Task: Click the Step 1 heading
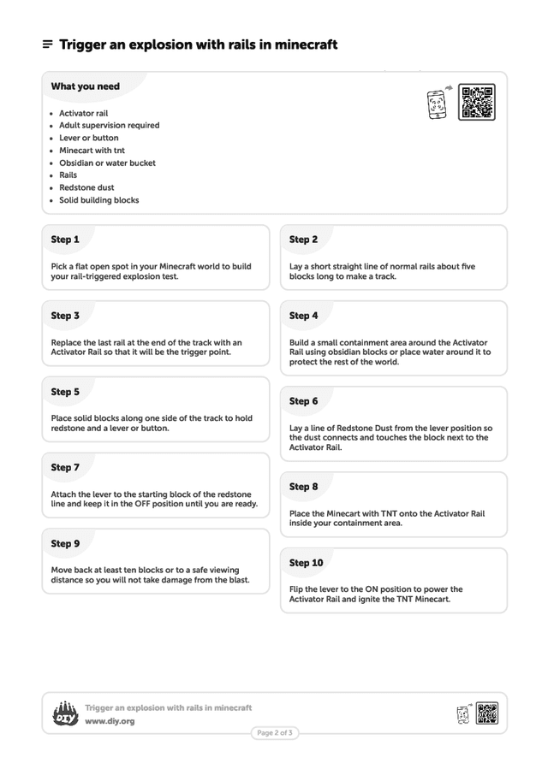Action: click(65, 240)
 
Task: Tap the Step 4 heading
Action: click(303, 316)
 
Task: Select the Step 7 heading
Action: click(65, 468)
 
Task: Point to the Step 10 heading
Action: click(306, 563)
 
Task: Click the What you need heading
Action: click(85, 86)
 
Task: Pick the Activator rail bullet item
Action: click(83, 113)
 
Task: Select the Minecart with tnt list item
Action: click(92, 151)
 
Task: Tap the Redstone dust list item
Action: click(86, 187)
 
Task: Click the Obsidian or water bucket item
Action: click(107, 163)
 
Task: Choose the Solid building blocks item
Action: click(98, 200)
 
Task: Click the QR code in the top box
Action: click(476, 103)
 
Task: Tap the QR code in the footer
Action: click(487, 713)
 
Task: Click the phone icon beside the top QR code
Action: click(437, 104)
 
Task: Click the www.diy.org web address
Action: click(110, 721)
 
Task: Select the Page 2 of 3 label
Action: click(275, 733)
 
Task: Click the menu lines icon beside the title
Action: click(48, 44)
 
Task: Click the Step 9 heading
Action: click(65, 544)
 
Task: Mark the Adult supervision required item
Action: click(109, 126)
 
